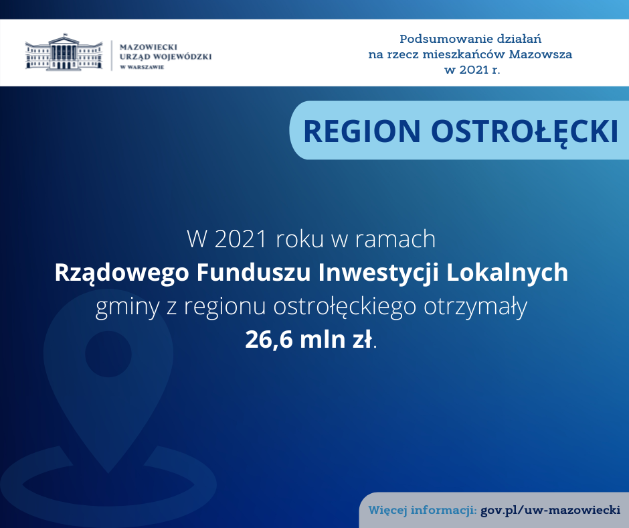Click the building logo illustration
tap(64, 52)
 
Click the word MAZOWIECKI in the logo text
tap(149, 47)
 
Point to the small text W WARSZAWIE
tap(142, 67)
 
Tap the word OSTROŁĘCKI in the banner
tap(525, 132)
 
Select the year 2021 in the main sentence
tap(241, 239)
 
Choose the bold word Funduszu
tap(254, 273)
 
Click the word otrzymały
tap(476, 308)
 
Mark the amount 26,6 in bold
tap(269, 340)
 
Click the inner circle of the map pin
tap(108, 354)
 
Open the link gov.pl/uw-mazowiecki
tap(550, 511)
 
